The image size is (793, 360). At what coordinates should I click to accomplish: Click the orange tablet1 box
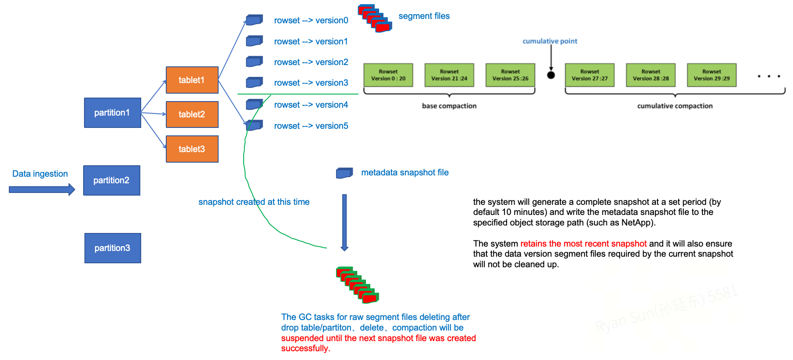(192, 80)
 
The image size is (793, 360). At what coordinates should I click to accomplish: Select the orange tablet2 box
(192, 114)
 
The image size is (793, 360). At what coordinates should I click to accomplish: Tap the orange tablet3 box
(192, 149)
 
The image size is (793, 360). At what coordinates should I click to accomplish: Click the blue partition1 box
(113, 113)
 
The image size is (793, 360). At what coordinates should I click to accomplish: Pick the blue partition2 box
(112, 180)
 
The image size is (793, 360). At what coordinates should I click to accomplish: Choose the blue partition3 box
(113, 248)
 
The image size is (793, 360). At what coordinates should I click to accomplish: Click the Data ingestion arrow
(42, 189)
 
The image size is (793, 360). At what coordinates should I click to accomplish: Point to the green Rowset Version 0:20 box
(388, 75)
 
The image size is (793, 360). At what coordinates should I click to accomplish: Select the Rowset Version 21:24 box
(449, 75)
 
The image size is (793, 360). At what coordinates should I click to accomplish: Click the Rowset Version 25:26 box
(511, 75)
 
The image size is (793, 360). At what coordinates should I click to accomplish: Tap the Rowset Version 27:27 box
(590, 75)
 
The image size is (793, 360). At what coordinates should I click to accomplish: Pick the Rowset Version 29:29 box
(712, 75)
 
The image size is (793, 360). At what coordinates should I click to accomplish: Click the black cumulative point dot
(551, 75)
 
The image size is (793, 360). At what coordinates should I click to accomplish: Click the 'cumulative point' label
(550, 41)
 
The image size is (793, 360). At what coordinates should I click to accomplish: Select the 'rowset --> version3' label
(311, 83)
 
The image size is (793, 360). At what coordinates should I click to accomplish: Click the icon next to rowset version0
(254, 20)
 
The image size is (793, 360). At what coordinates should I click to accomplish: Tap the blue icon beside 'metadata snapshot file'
(344, 173)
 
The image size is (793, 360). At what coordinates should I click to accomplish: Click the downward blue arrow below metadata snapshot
(344, 222)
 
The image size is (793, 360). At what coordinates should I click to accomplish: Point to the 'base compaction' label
(449, 106)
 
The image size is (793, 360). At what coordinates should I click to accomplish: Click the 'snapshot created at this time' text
(254, 202)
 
